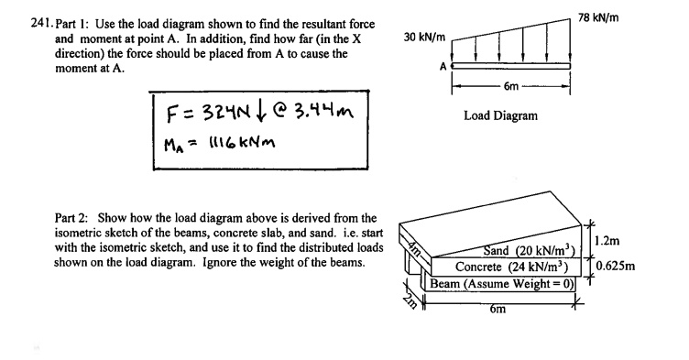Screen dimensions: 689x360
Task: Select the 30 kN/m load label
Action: tap(424, 38)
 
